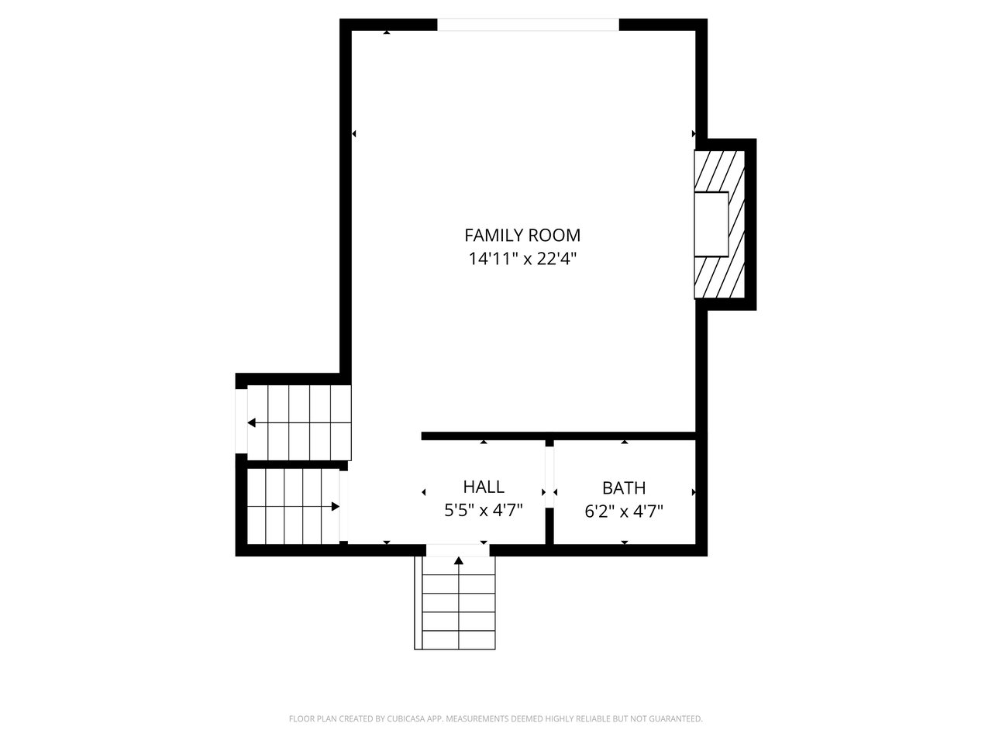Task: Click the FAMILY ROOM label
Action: (x=522, y=236)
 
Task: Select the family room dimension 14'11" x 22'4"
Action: (x=522, y=259)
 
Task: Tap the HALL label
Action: (x=484, y=487)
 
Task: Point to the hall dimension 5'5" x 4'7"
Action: (x=484, y=511)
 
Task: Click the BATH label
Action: (x=624, y=488)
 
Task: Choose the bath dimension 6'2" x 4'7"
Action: (x=624, y=511)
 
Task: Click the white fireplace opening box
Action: (x=711, y=224)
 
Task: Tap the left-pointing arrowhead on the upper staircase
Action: (x=252, y=423)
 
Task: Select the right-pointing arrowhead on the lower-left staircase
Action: (x=336, y=506)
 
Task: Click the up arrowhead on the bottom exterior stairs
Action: (x=459, y=560)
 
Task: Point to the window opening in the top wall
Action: (x=528, y=25)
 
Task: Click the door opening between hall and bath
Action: (x=549, y=477)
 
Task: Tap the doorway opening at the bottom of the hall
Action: (x=458, y=550)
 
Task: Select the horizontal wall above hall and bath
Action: (x=558, y=436)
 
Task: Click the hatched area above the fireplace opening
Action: (x=719, y=171)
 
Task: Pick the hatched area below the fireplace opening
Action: (x=719, y=277)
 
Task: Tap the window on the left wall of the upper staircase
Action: (x=241, y=421)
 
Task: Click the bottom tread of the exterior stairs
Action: (x=455, y=640)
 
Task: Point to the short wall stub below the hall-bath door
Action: (x=549, y=527)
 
